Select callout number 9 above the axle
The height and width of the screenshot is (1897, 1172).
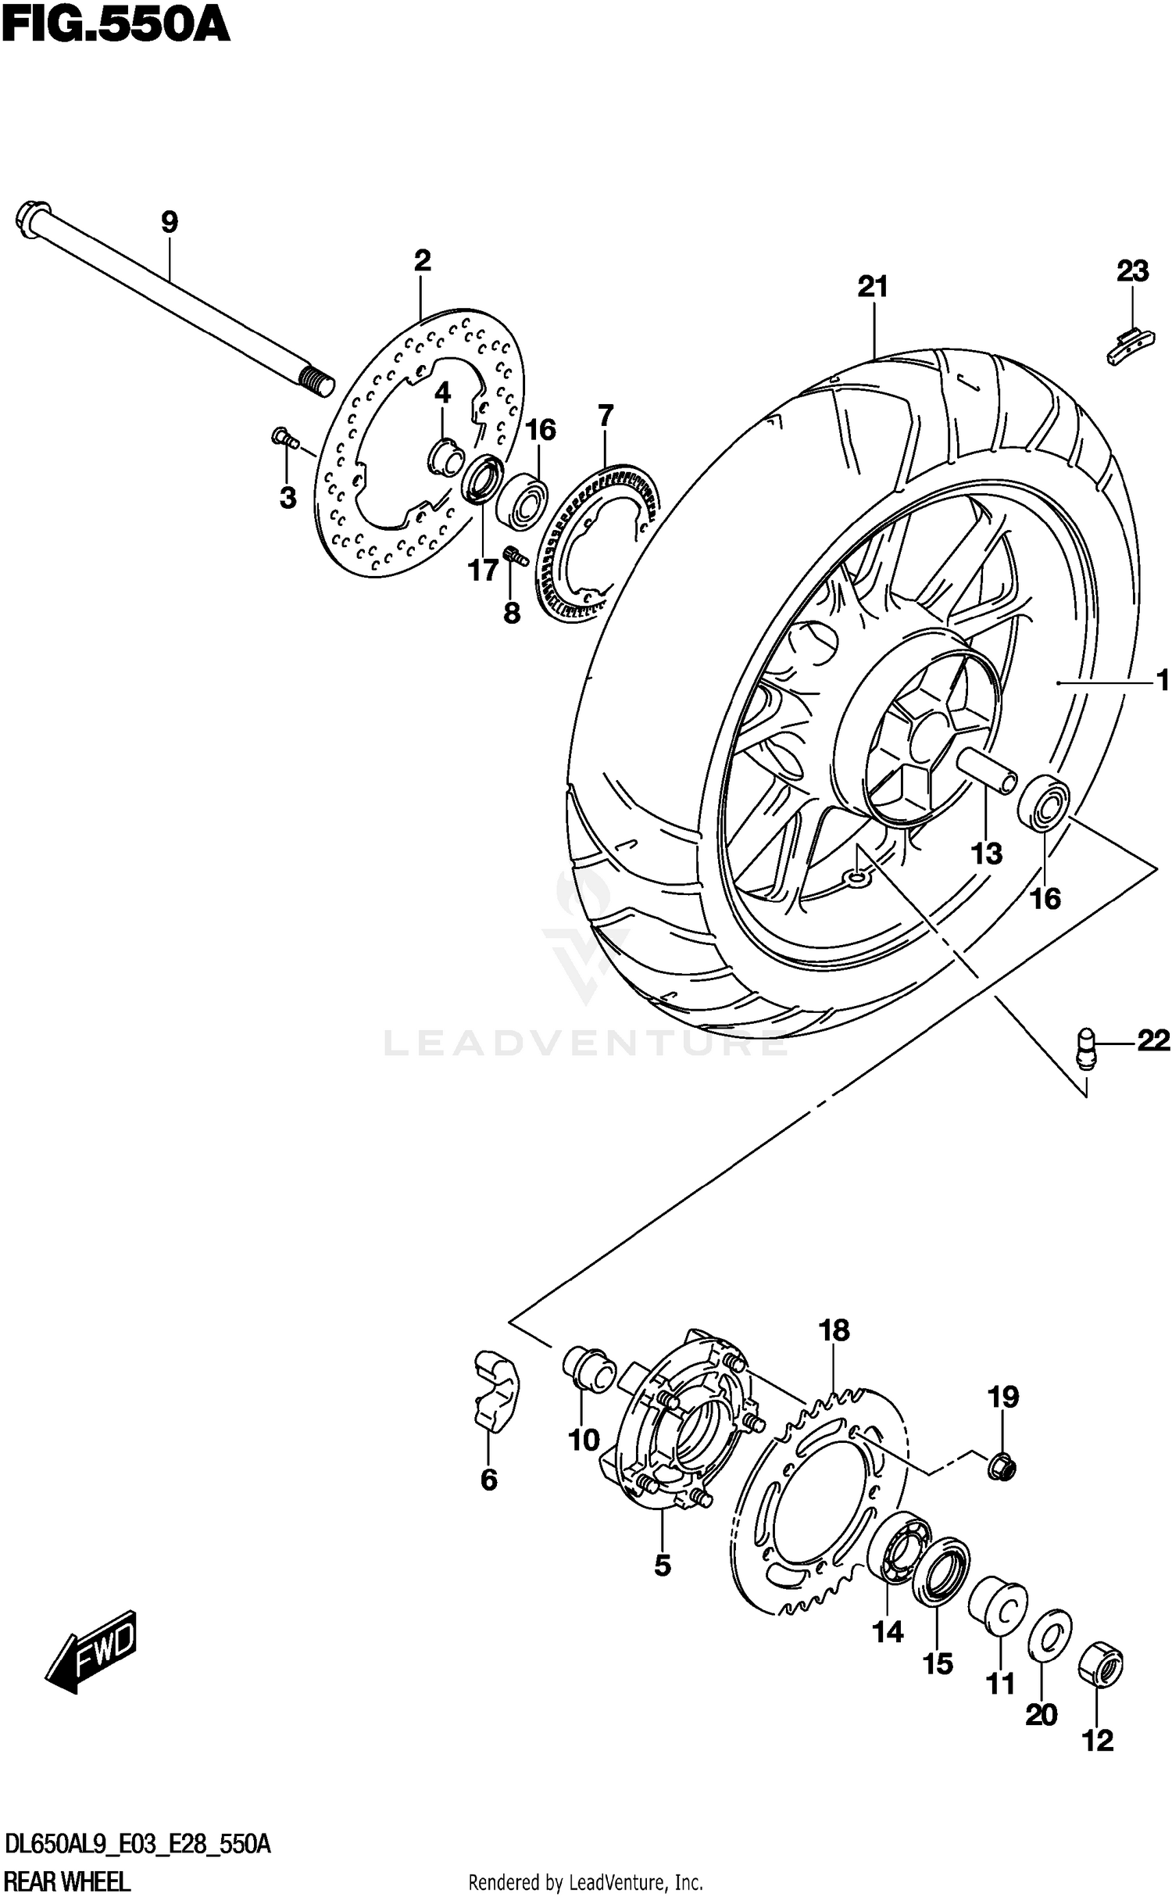[x=169, y=222]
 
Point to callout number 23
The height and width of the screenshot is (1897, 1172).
[x=1132, y=271]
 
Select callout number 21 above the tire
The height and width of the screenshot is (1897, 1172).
[x=873, y=288]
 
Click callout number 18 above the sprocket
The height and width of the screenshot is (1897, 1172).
[x=834, y=1330]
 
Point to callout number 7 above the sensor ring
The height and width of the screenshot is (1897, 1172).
[x=606, y=416]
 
